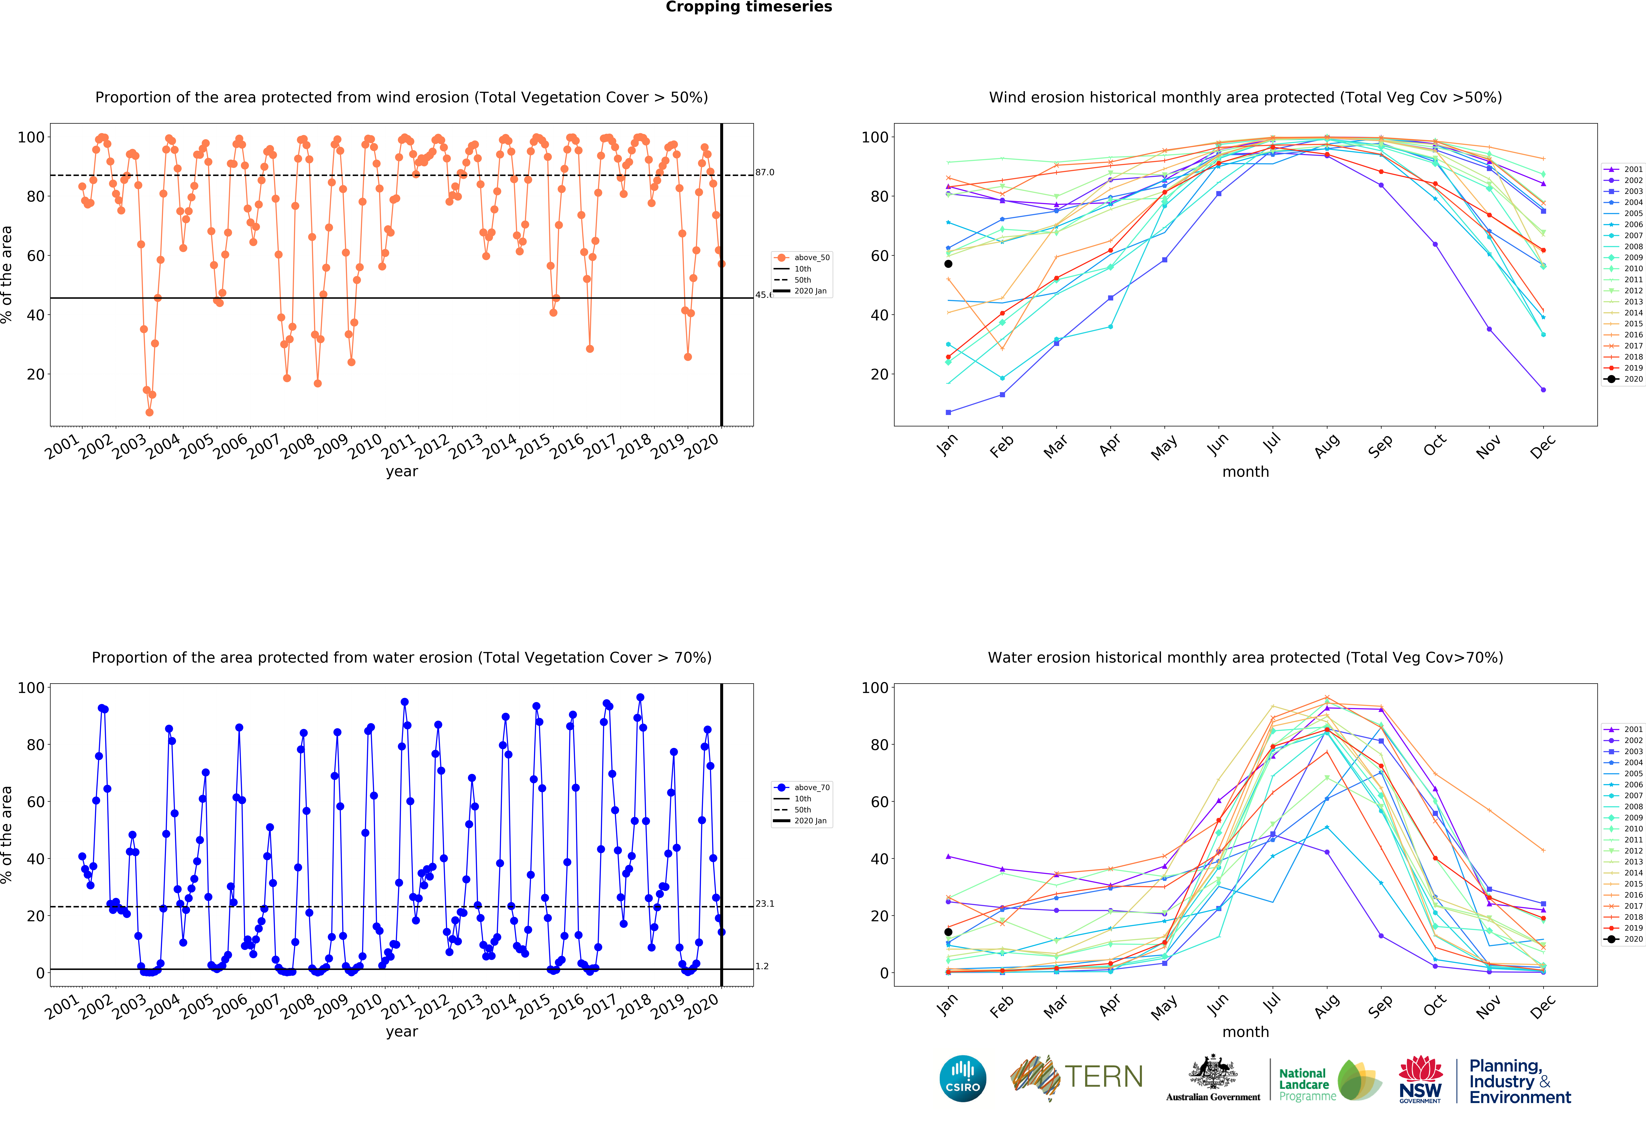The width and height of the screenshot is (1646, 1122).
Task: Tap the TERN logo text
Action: pyautogui.click(x=1104, y=1077)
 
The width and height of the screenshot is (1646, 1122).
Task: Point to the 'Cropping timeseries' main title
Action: pyautogui.click(x=749, y=7)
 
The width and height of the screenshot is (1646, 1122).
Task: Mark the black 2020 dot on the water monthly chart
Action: pyautogui.click(x=948, y=931)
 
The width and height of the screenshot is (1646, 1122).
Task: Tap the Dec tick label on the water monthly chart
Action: pyautogui.click(x=1543, y=1006)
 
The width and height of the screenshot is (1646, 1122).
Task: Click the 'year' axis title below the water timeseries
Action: pyautogui.click(x=402, y=1031)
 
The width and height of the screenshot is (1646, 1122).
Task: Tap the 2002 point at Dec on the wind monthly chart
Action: pyautogui.click(x=1543, y=390)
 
